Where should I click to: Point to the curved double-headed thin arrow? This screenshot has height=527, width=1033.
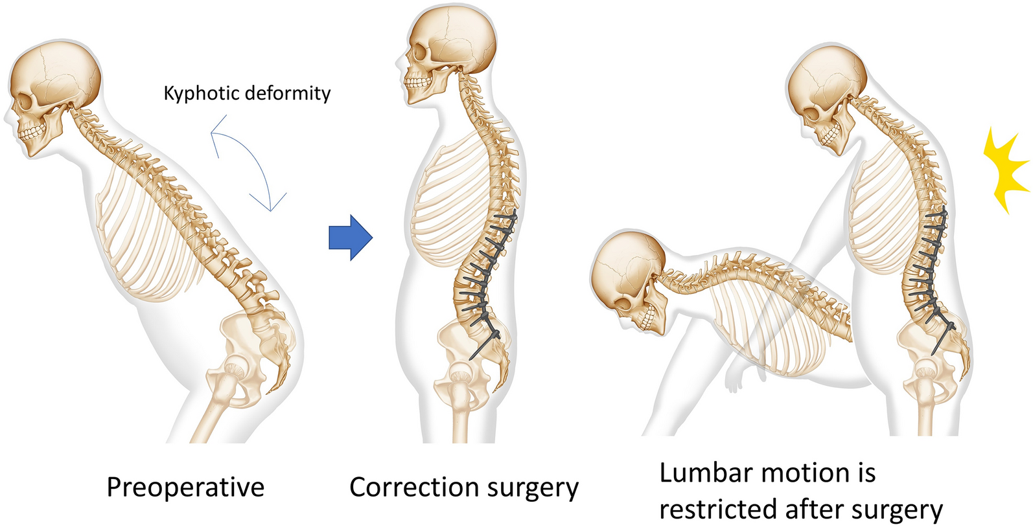250,162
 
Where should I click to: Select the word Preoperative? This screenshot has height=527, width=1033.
185,488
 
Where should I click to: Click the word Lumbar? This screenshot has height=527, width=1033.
706,473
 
